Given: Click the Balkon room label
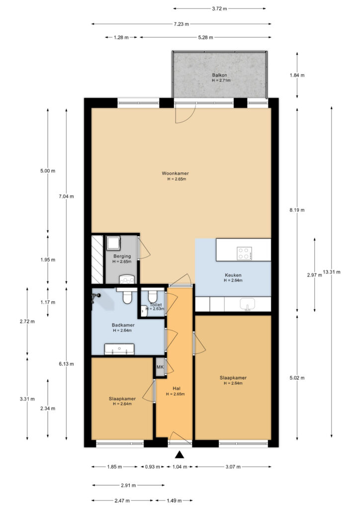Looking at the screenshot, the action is pyautogui.click(x=219, y=76).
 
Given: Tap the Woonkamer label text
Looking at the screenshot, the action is pyautogui.click(x=176, y=173).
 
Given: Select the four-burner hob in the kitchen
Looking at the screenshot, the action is pyautogui.click(x=244, y=253).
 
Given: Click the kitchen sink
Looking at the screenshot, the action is pyautogui.click(x=247, y=305).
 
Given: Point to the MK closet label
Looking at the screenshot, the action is pyautogui.click(x=160, y=367).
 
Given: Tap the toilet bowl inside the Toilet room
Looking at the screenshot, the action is pyautogui.click(x=153, y=296).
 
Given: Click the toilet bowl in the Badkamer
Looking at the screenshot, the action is pyautogui.click(x=127, y=296).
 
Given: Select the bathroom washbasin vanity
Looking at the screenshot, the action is pyautogui.click(x=119, y=349).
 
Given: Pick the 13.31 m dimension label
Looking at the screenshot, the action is pyautogui.click(x=332, y=272).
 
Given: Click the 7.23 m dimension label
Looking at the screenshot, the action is pyautogui.click(x=181, y=24).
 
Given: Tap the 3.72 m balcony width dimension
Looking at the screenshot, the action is pyautogui.click(x=219, y=9).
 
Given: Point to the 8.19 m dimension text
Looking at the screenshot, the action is pyautogui.click(x=297, y=210).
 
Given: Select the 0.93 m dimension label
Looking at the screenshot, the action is pyautogui.click(x=152, y=467).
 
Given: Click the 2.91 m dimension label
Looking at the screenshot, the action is pyautogui.click(x=128, y=485).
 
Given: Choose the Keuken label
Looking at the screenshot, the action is pyautogui.click(x=233, y=275).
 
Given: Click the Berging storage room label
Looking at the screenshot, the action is pyautogui.click(x=122, y=256).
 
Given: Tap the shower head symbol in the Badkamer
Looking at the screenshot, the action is pyautogui.click(x=96, y=296).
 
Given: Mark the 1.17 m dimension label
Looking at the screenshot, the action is pyautogui.click(x=48, y=302).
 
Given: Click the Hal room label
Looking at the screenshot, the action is pyautogui.click(x=177, y=389).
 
